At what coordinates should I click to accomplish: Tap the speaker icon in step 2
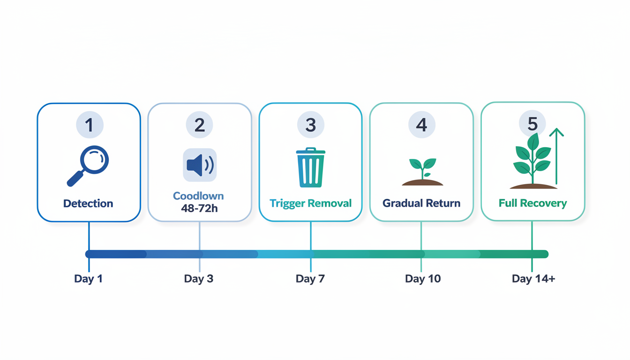(200, 165)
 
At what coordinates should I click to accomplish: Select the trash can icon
(310, 168)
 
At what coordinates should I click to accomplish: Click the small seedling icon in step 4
(422, 172)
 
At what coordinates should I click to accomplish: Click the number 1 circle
(89, 125)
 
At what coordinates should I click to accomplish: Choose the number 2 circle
(200, 125)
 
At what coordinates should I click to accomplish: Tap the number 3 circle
(311, 125)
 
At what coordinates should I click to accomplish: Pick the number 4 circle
(421, 125)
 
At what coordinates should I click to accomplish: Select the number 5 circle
(532, 124)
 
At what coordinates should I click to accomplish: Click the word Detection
(88, 203)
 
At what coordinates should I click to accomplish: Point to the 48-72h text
(199, 208)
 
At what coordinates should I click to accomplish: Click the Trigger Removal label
(310, 203)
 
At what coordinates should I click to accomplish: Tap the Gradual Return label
(421, 203)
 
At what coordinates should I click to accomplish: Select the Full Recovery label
(532, 203)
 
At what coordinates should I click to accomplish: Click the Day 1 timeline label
(88, 279)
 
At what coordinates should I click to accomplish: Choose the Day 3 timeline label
(199, 279)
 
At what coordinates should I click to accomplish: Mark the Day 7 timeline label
(310, 279)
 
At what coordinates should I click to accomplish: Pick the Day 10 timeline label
(423, 279)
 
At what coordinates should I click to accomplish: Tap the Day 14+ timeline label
(533, 279)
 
